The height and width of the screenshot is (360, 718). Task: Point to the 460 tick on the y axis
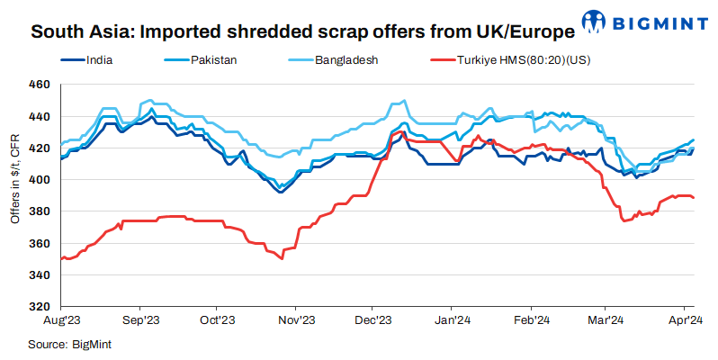40,85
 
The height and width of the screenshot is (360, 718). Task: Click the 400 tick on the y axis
40,180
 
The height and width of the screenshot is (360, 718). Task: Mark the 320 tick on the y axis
40,307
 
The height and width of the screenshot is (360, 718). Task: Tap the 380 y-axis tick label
40,211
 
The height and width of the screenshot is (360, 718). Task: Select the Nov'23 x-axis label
296,320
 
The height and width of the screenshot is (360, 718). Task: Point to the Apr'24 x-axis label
686,320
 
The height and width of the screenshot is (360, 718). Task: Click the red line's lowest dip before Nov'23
282,258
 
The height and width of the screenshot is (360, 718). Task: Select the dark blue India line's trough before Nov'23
280,192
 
